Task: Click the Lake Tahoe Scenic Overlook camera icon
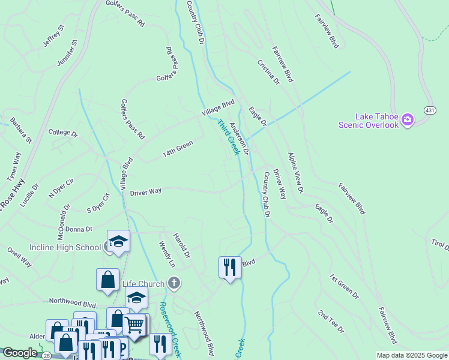[x=408, y=120]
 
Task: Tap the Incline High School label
[x=65, y=247]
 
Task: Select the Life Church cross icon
[x=174, y=283]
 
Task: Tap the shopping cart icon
[x=134, y=325]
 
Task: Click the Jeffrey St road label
[x=53, y=37]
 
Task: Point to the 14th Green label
[x=178, y=149]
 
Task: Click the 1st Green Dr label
[x=344, y=287]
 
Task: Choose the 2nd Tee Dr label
[x=331, y=322]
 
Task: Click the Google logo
[x=20, y=353]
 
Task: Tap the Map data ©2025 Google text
[x=411, y=355]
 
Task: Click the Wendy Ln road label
[x=166, y=254]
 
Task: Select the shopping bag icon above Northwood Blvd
[x=107, y=280]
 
